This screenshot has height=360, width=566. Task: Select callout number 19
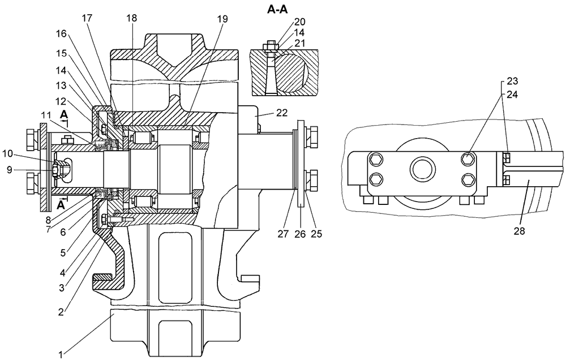(x=222, y=19)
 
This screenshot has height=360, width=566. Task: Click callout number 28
(x=519, y=231)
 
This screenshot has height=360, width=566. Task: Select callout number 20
(x=300, y=23)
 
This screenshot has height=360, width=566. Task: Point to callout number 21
(x=300, y=42)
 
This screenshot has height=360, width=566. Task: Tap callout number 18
(x=132, y=19)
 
